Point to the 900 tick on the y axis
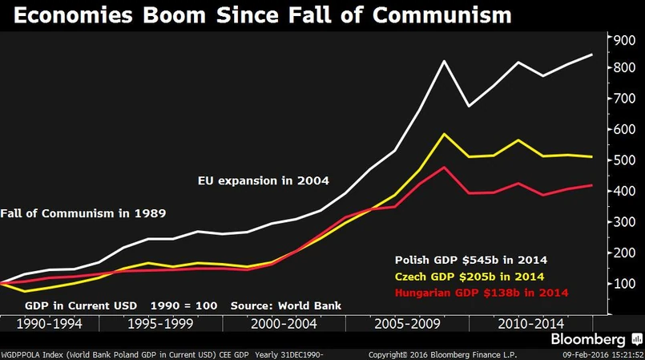tap(624, 38)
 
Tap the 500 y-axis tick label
tap(624, 160)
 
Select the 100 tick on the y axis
tap(624, 283)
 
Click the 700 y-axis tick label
tap(624, 99)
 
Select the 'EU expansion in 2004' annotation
tap(264, 180)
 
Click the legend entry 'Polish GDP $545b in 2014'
tap(470, 261)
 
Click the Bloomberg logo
tap(594, 339)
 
